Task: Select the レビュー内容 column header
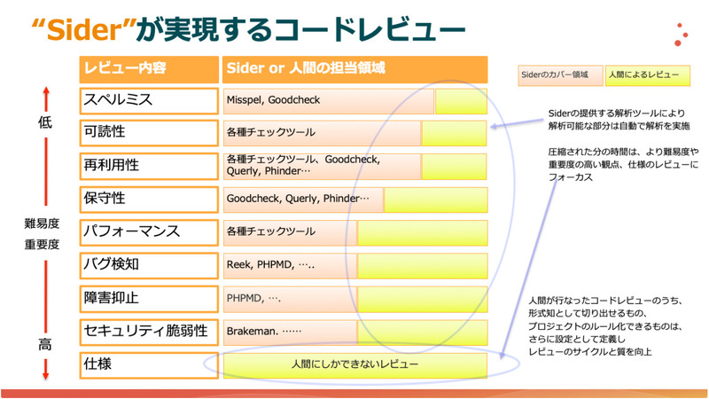124,68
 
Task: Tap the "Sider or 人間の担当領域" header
306,68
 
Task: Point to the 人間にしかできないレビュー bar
354,364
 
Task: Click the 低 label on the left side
45,123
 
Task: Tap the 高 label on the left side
45,344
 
